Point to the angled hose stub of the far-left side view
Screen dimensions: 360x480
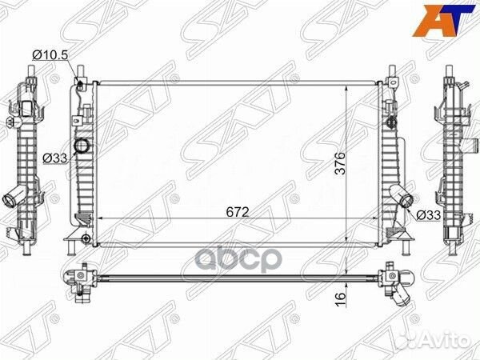click(x=14, y=197)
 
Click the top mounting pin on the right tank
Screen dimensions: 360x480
click(x=393, y=76)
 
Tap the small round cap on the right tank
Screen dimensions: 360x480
click(x=391, y=122)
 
